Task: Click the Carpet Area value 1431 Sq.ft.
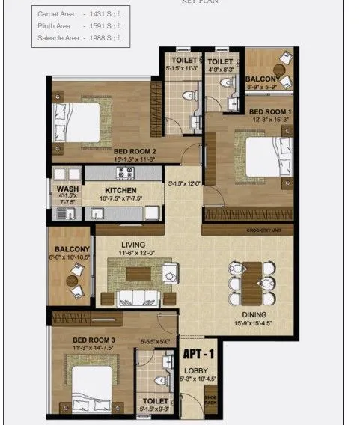105,14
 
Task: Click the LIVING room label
132,245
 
